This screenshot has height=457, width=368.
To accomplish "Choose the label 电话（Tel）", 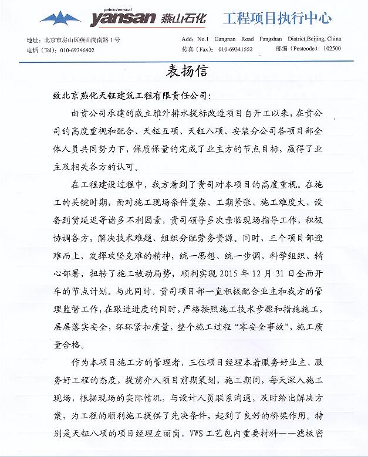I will point(40,50).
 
